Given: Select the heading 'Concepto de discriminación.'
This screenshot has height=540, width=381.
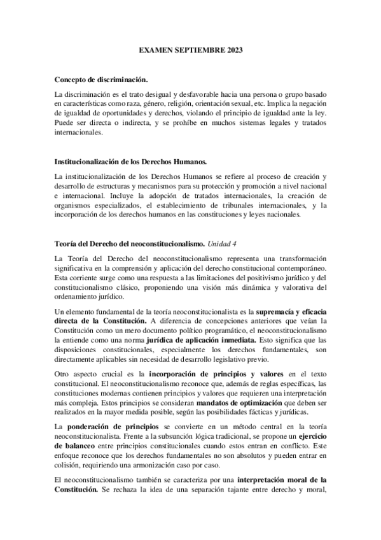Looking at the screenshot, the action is (x=102, y=79).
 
